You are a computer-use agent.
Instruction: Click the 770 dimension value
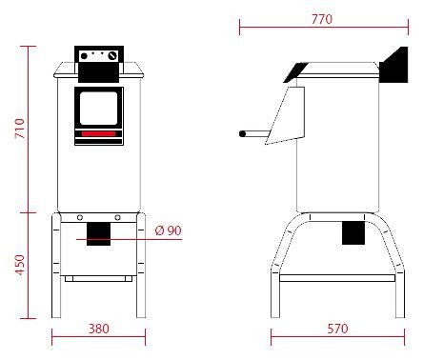point(322,19)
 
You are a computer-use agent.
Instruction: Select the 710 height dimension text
point(20,129)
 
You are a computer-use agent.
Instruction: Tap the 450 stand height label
point(20,265)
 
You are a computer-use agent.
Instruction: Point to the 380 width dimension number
point(99,329)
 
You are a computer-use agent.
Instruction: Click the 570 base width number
point(337,329)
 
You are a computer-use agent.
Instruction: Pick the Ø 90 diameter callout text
point(169,230)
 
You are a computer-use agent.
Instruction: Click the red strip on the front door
point(98,134)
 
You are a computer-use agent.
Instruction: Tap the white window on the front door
point(98,109)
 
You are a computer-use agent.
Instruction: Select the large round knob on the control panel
point(112,56)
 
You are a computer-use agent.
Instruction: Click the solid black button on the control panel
point(84,56)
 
